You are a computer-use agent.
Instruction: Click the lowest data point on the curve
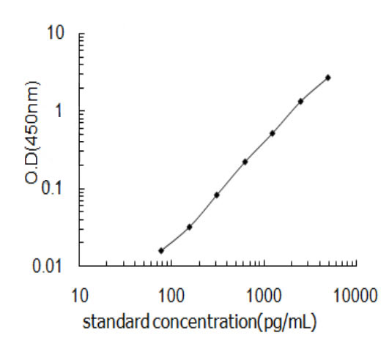pyautogui.click(x=161, y=250)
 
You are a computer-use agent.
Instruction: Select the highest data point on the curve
pyautogui.click(x=328, y=77)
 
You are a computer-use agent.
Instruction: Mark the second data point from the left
pyautogui.click(x=189, y=227)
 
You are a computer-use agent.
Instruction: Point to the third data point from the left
pyautogui.click(x=217, y=195)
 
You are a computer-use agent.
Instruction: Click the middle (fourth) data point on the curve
pyautogui.click(x=245, y=161)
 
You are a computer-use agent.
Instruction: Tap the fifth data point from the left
pyautogui.click(x=273, y=133)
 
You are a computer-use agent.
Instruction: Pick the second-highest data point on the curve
pyautogui.click(x=300, y=101)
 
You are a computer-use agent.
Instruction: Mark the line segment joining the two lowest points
pyautogui.click(x=175, y=239)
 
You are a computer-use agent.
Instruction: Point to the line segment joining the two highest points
pyautogui.click(x=314, y=89)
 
